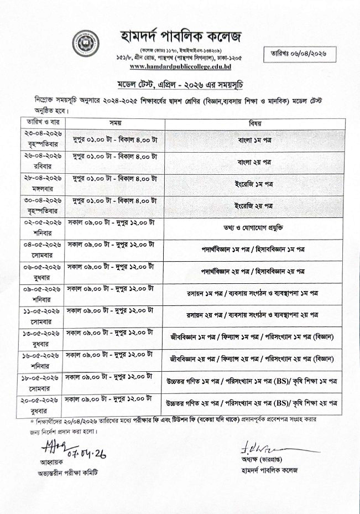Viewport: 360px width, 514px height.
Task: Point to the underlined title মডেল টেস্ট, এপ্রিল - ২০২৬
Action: [180, 85]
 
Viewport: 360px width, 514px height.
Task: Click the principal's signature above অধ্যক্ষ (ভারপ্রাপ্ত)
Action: [265, 446]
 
